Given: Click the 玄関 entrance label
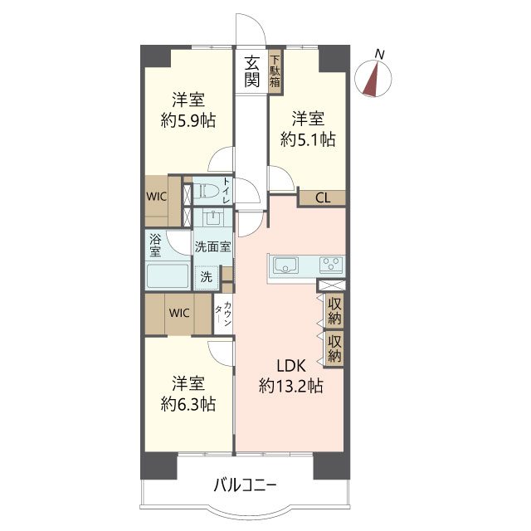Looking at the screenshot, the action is pos(252,71).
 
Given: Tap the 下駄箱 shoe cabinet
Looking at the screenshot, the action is pos(275,72).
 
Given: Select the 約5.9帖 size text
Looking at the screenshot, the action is pos(188,120).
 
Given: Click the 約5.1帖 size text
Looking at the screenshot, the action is pos(308,139).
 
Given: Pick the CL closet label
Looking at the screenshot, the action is pos(323,197).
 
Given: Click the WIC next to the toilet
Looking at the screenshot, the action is pos(157,197).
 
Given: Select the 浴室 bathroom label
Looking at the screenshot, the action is pos(155,246).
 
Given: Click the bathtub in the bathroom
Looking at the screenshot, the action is pos(168,275).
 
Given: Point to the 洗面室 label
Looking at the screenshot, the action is pos(212,246).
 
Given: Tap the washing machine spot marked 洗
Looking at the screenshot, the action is pos(207,277).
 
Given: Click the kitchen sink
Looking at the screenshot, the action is pos(286,265).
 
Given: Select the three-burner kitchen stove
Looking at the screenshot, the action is pos(331,265).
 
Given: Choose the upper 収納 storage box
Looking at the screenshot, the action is pos(334,311).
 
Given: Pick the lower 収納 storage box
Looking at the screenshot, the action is pos(334,348).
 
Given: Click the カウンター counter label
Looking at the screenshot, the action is pos(223,314).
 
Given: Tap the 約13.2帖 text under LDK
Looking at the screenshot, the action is pos(291,386).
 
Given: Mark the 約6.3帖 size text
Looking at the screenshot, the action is pos(188,404).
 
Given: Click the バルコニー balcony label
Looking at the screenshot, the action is pos(246,485).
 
